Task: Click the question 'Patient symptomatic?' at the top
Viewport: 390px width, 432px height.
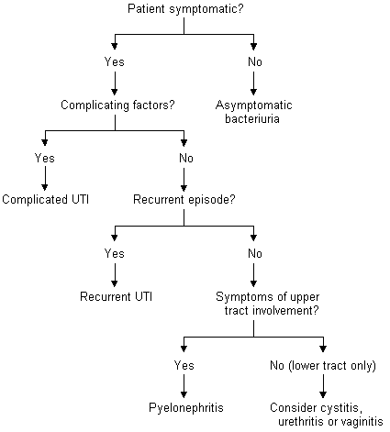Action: coord(185,9)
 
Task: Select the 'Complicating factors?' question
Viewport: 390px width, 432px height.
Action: coord(117,105)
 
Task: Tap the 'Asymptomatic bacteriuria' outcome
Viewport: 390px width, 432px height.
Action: coord(253,112)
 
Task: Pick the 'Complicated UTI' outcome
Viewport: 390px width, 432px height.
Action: coord(46,199)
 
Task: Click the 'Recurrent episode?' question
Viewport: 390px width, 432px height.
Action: coord(184,199)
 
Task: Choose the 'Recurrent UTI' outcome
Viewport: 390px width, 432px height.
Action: coord(116,296)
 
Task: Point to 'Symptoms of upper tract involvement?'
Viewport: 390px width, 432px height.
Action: coord(268,304)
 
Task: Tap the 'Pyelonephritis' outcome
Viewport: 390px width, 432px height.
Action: coord(186,408)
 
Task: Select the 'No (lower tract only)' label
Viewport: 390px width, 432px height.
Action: coord(323,366)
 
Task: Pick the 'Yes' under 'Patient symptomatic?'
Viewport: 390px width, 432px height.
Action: coord(115,62)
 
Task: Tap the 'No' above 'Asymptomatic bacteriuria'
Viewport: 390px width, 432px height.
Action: coord(255,62)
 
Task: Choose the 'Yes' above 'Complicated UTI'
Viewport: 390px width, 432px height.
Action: coord(45,159)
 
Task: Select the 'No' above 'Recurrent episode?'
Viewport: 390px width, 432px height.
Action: coord(186,159)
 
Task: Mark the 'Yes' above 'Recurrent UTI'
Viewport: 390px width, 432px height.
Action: coord(115,254)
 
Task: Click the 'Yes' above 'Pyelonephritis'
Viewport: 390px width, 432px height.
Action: coord(184,366)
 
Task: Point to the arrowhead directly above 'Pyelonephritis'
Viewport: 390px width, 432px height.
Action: coord(184,394)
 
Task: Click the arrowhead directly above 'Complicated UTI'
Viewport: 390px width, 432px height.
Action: coord(45,187)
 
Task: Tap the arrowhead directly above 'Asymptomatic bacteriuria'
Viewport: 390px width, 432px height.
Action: coord(253,92)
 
